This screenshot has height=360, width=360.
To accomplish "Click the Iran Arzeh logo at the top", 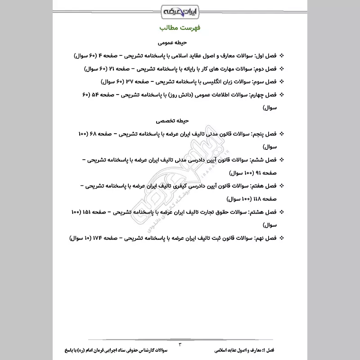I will click(180, 9).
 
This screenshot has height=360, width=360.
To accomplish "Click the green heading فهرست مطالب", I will click(180, 28).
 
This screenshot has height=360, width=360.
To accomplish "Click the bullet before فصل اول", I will click(282, 56).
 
